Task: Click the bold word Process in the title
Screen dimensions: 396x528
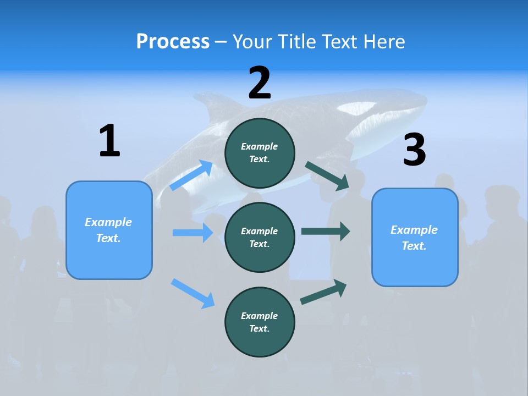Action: tap(173, 42)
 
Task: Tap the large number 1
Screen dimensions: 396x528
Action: tap(109, 141)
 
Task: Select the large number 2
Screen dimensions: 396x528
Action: tap(260, 83)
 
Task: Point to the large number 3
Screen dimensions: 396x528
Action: tap(414, 150)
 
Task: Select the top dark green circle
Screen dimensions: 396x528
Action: tap(260, 153)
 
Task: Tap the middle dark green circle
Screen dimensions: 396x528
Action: tap(260, 237)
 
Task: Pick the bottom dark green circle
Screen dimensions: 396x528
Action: tap(260, 322)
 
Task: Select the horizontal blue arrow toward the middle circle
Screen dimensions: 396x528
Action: tap(193, 233)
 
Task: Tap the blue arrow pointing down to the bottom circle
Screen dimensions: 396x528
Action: tap(193, 293)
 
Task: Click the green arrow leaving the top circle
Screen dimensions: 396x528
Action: tap(327, 176)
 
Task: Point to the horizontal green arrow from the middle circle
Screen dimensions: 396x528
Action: tap(325, 231)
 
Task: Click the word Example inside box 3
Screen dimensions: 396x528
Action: tap(414, 230)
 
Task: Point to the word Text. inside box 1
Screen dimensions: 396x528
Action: tap(108, 238)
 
